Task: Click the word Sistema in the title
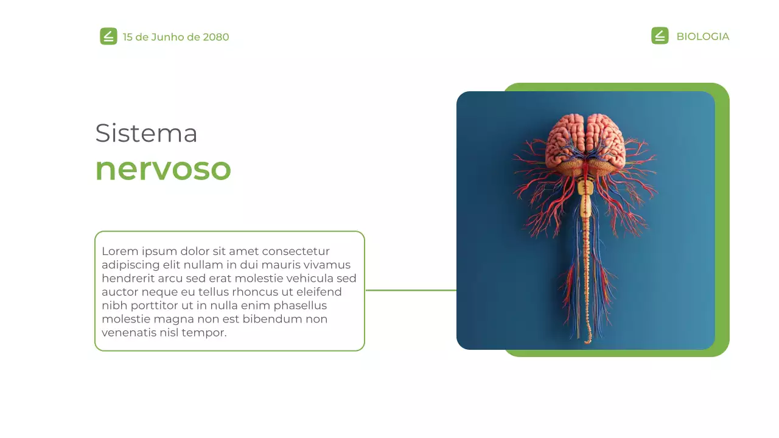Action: [146, 133]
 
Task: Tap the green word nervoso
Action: [163, 169]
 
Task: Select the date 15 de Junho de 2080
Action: [176, 37]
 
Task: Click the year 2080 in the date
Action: [216, 37]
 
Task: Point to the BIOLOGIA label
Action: [702, 36]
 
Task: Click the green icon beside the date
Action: [108, 36]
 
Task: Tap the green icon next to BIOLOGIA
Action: [660, 36]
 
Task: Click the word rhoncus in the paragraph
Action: [254, 292]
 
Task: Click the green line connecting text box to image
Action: [411, 290]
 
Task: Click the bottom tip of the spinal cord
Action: [587, 342]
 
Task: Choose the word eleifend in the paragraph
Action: [320, 292]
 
